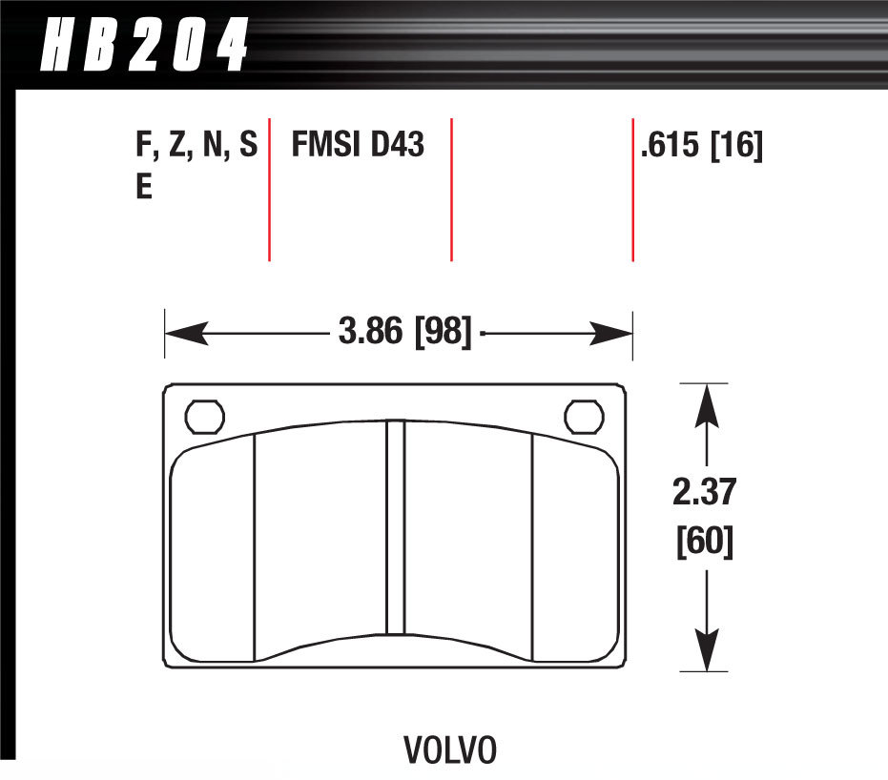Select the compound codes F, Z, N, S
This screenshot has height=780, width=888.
pos(196,146)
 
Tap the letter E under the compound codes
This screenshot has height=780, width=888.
pos(144,188)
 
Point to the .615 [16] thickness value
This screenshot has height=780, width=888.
pos(702,146)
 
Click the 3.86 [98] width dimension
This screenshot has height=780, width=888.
pos(405,333)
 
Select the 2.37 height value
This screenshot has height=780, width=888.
pos(705,495)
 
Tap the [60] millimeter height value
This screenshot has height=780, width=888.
pos(705,542)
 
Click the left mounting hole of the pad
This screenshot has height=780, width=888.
pos(203,417)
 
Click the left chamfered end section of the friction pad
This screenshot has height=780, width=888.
pos(213,553)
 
